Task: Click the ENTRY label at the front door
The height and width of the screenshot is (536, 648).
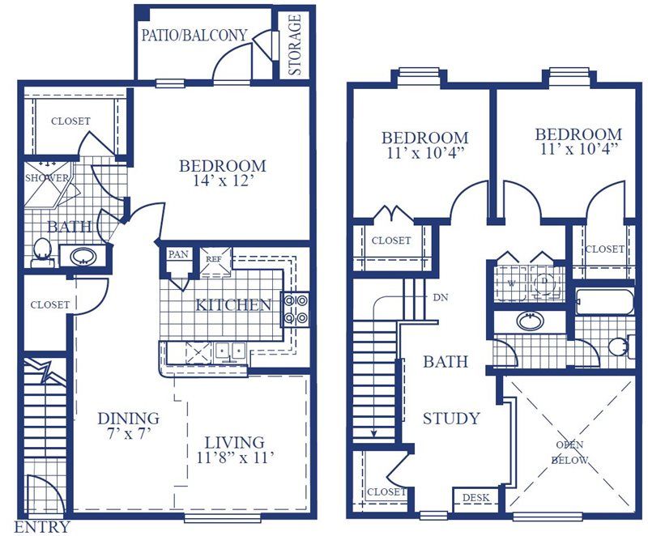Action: pyautogui.click(x=42, y=527)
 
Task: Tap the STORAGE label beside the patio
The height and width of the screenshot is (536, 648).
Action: pyautogui.click(x=295, y=45)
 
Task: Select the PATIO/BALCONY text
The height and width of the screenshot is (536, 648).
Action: pyautogui.click(x=194, y=35)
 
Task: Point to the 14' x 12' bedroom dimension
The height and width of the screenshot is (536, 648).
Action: pyautogui.click(x=223, y=181)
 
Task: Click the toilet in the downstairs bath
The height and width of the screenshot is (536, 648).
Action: pyautogui.click(x=41, y=252)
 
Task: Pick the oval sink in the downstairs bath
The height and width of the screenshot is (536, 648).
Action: pyautogui.click(x=83, y=256)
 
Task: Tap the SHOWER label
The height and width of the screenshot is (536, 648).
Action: pyautogui.click(x=47, y=178)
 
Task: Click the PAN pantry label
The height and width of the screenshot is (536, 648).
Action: pyautogui.click(x=178, y=254)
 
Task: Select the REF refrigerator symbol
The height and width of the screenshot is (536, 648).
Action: pyautogui.click(x=215, y=262)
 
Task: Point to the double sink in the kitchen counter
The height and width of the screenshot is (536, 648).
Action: pyautogui.click(x=231, y=352)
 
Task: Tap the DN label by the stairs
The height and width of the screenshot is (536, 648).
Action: pyautogui.click(x=441, y=297)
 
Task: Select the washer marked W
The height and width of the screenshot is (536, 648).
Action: pyautogui.click(x=512, y=283)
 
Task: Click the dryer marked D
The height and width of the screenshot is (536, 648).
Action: pyautogui.click(x=545, y=283)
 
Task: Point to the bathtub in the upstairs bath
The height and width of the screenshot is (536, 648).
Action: pyautogui.click(x=603, y=302)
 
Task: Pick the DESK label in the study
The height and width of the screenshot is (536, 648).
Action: pyautogui.click(x=475, y=498)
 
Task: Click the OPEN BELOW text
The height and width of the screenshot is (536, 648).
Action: pyautogui.click(x=569, y=452)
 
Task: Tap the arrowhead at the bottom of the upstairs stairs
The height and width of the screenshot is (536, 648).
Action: pyautogui.click(x=373, y=434)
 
